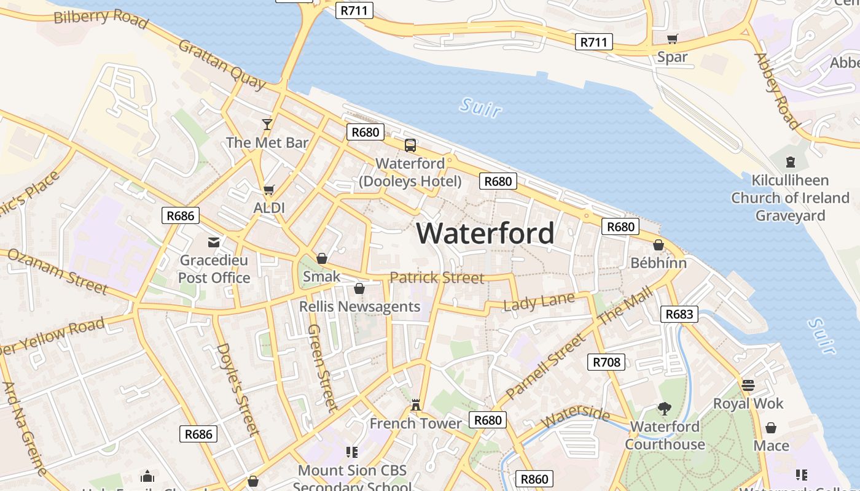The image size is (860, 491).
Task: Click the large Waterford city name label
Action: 485,234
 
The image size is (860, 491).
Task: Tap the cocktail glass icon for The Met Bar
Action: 267,125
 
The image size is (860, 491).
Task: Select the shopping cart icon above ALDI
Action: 268,190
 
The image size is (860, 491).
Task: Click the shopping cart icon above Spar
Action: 673,39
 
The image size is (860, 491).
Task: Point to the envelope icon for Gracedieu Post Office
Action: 214,242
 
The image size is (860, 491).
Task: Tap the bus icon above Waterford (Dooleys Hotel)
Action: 410,145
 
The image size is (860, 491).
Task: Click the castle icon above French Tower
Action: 416,405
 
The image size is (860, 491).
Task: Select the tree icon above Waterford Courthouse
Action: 664,408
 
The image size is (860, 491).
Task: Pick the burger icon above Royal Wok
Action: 748,385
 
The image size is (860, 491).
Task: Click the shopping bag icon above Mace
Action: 771,428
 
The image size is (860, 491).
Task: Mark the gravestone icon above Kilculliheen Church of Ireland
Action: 790,162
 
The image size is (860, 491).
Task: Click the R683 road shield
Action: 679,314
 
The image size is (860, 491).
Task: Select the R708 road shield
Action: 606,362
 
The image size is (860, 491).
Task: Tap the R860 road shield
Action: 534,479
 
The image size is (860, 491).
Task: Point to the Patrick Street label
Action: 437,277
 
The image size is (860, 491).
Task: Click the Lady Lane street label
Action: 539,302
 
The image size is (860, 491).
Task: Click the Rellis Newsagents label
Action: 359,306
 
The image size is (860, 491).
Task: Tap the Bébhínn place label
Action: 659,263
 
